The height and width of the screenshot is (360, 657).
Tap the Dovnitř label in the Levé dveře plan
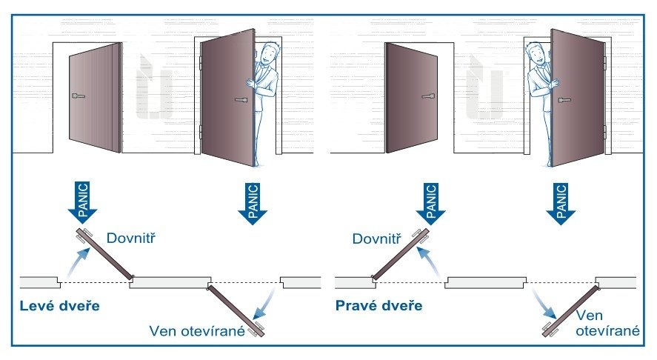136,239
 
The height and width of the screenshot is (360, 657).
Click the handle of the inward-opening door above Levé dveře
79,96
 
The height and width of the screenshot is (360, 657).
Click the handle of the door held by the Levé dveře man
241,99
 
